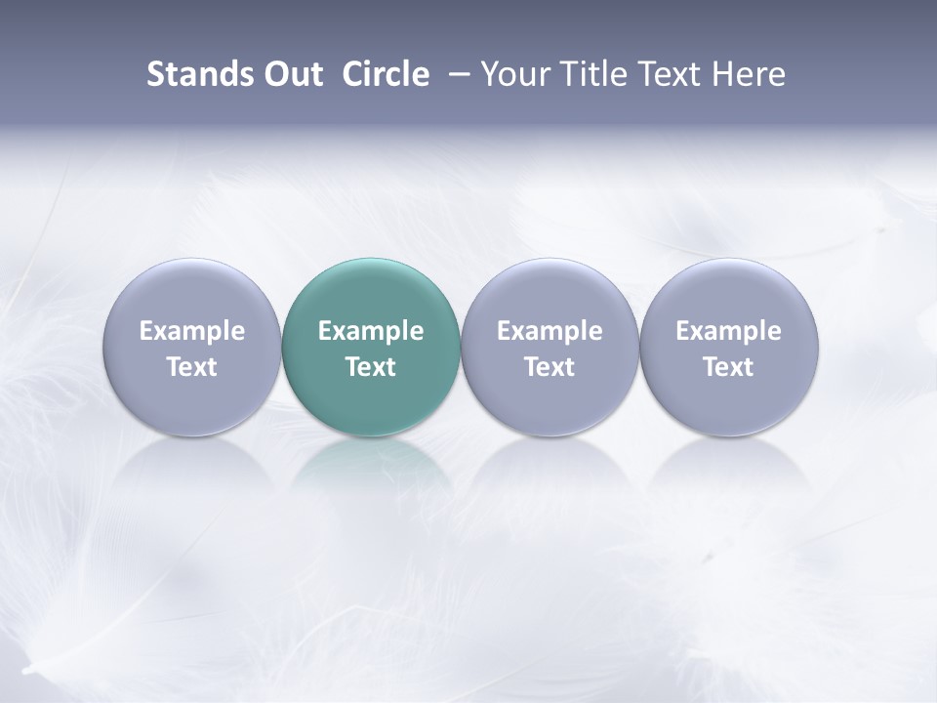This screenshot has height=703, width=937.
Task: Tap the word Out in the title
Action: point(290,74)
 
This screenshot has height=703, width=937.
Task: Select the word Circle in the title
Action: point(386,74)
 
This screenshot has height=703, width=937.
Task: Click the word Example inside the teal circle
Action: point(371,331)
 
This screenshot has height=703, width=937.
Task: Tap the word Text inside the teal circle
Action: point(371,367)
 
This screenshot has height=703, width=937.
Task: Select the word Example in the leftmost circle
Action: point(191,331)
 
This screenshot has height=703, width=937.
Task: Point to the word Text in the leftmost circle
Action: point(191,367)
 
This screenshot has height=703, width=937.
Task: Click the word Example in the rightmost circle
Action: point(729,331)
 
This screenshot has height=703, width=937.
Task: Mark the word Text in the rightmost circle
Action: point(729,367)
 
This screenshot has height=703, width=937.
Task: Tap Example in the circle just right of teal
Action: point(550,331)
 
